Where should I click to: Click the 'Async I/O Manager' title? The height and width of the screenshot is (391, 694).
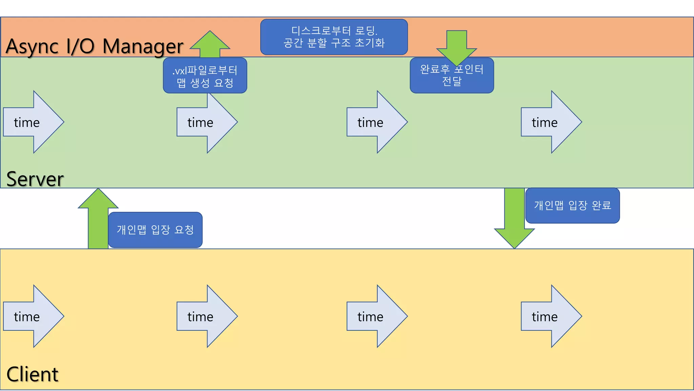coord(94,46)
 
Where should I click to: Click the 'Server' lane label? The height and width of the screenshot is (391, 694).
coord(35,179)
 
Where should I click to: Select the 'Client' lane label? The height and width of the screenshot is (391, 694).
coord(33,374)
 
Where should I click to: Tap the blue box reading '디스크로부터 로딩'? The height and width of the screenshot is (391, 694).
coord(334,37)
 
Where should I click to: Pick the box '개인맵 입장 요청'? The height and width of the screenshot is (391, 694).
coord(155,230)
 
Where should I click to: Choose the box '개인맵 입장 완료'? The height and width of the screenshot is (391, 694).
coord(572,205)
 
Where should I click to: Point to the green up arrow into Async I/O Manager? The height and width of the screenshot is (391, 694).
coord(210,44)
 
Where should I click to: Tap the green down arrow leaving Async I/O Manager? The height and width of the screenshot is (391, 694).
coord(456,44)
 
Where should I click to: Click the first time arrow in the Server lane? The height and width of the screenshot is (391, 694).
coord(34,122)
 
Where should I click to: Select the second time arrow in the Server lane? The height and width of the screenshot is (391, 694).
coord(207,122)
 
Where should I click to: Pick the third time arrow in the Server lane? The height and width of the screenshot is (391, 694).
coord(377,122)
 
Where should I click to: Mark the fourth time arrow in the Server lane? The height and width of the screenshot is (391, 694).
coord(551,122)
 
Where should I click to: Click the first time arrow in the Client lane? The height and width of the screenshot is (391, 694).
coord(34,316)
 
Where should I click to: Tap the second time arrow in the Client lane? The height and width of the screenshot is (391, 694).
coord(207,316)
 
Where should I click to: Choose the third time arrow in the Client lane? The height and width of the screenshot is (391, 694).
coord(377,316)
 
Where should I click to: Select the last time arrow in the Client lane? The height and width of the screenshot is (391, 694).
coord(551,316)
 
